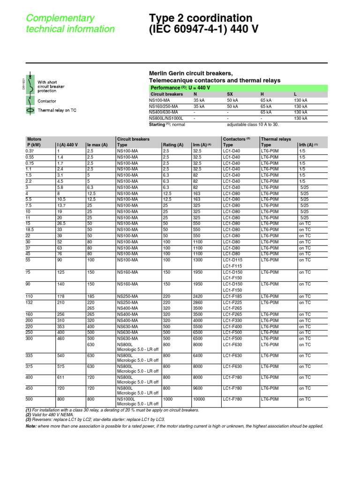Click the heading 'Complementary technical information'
point(70,23)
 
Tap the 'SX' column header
point(230,94)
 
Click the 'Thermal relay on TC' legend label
point(57,110)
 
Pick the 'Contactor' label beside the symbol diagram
point(47,101)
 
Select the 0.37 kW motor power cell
point(31,151)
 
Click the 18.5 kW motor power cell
point(32,230)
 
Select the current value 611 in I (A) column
point(60,377)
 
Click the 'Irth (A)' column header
point(308,145)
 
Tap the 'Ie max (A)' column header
point(97,145)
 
